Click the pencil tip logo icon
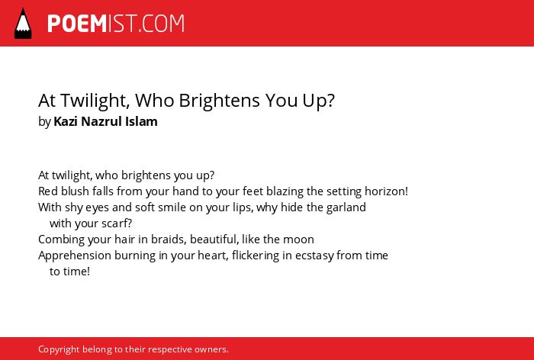[23, 23]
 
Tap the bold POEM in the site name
[77, 24]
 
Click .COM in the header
[161, 24]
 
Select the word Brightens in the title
[220, 101]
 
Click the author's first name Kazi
[66, 121]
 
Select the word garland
[346, 207]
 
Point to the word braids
[168, 239]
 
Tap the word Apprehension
[75, 256]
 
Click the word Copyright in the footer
[59, 349]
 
